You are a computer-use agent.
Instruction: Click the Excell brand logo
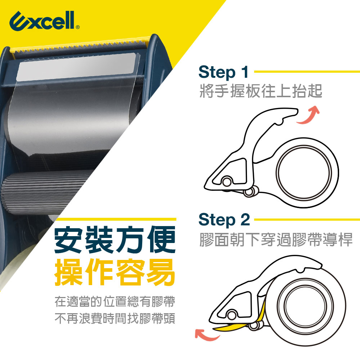(44, 21)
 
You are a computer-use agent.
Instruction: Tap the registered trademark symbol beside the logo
(78, 27)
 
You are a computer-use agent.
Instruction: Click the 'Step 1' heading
(224, 72)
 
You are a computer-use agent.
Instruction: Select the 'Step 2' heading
(224, 220)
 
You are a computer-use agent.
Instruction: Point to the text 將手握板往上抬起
(261, 91)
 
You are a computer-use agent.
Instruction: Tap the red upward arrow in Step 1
(309, 115)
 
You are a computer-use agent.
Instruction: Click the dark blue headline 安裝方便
(115, 240)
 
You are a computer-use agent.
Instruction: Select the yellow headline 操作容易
(115, 272)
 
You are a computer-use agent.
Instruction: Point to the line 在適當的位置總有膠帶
(115, 301)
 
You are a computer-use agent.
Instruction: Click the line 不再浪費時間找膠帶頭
(115, 318)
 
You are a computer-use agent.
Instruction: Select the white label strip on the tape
(77, 67)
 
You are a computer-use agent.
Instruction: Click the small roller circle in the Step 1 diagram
(227, 181)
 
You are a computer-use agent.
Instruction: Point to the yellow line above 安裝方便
(116, 219)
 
